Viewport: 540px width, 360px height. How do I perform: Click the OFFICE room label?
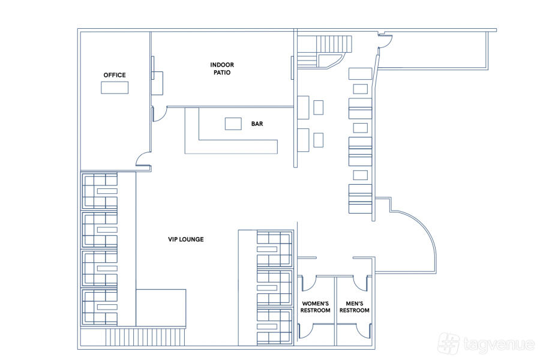[x=115, y=75]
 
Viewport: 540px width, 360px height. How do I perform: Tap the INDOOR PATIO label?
[x=222, y=68]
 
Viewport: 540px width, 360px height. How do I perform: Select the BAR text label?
[x=257, y=124]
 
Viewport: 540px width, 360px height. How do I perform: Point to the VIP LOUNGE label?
[x=185, y=239]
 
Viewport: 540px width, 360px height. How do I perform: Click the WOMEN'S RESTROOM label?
[x=316, y=307]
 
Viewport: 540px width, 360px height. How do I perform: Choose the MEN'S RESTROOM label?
[x=355, y=307]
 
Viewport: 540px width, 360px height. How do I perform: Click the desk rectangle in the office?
[x=115, y=88]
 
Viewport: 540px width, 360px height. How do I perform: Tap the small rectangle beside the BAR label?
[x=233, y=124]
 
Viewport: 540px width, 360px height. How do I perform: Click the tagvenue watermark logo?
[x=486, y=344]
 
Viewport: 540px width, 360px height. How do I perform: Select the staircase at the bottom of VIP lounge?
[x=145, y=337]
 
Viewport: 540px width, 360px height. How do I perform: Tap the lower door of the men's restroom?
[x=363, y=330]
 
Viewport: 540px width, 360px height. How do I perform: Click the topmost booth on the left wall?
[x=100, y=191]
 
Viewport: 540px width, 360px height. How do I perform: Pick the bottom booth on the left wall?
[x=100, y=307]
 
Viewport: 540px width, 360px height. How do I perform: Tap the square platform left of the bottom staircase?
[x=161, y=308]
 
